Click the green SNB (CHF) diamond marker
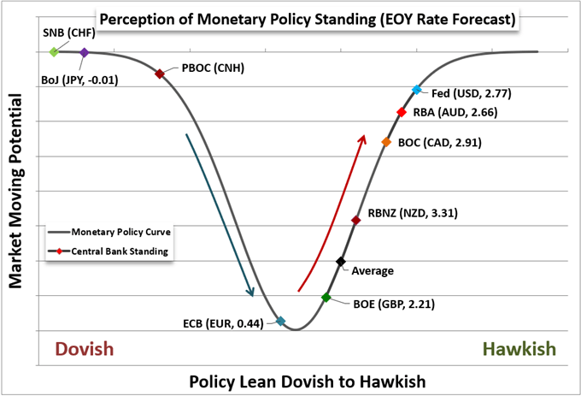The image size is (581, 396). pyautogui.click(x=54, y=52)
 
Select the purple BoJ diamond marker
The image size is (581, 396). pyautogui.click(x=84, y=53)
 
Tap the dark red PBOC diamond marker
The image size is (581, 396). pyautogui.click(x=160, y=74)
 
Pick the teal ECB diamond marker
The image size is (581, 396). pyautogui.click(x=280, y=322)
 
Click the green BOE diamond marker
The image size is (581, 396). pyautogui.click(x=326, y=298)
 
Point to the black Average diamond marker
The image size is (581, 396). pyautogui.click(x=341, y=262)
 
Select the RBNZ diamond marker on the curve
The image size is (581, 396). pyautogui.click(x=355, y=221)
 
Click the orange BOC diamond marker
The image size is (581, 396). pyautogui.click(x=386, y=142)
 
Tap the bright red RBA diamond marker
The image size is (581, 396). pyautogui.click(x=401, y=112)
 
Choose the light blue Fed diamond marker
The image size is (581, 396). pyautogui.click(x=417, y=90)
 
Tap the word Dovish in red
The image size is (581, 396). pyautogui.click(x=84, y=350)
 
